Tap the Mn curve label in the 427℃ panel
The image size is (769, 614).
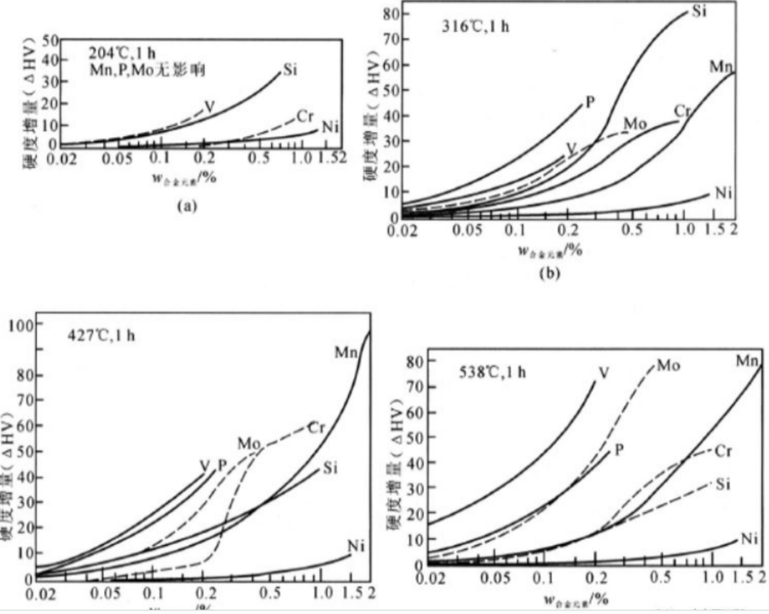(346, 351)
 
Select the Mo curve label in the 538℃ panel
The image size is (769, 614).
(668, 365)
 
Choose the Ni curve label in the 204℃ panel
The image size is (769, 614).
(329, 128)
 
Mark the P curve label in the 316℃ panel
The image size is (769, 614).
(590, 100)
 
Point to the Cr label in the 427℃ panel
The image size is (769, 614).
(316, 427)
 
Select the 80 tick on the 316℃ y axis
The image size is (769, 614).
(390, 13)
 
